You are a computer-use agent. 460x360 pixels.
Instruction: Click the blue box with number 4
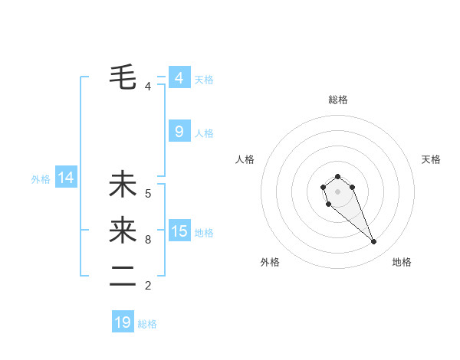coord(179,78)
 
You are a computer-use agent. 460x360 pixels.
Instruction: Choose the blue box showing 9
coord(179,132)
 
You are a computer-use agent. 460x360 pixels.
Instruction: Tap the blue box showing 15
coord(179,231)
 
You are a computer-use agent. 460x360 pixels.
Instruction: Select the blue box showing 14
coord(66,178)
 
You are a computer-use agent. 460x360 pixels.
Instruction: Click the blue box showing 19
coord(123,322)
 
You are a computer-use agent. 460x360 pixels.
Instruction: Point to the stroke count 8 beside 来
coord(148,240)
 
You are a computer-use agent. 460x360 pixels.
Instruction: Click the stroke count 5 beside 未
coord(148,194)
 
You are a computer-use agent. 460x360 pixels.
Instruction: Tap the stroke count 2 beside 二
coord(148,286)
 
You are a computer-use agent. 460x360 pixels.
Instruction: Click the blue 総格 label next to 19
coord(147,324)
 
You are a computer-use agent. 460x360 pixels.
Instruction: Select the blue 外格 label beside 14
coord(41,179)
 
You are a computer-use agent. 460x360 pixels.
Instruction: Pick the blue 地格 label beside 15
coord(204,232)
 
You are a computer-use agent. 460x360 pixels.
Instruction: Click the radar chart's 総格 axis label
coord(337,100)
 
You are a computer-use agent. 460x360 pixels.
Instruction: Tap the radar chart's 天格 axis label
coord(431,159)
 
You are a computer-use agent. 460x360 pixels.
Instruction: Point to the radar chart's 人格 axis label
coord(245,159)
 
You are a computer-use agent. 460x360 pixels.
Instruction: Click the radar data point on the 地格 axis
coord(374,242)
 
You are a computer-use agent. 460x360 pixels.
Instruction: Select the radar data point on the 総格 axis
coord(337,176)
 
